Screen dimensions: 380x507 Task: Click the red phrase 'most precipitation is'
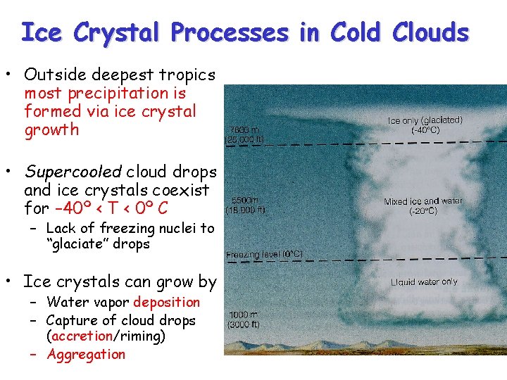click(106, 93)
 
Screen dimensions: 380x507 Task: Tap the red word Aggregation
click(86, 355)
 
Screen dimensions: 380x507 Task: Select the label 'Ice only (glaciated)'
click(425, 120)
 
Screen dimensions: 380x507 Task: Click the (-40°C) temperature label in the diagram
click(425, 130)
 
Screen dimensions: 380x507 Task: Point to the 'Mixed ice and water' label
click(423, 201)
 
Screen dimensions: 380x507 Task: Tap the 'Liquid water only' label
click(424, 282)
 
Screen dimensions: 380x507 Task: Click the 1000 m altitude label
click(242, 315)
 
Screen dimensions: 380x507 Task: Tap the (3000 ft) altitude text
click(243, 325)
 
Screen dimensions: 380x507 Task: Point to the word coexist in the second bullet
click(183, 190)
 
